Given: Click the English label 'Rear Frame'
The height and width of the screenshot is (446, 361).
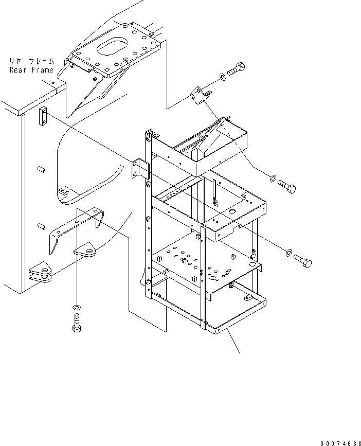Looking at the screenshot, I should coord(31,70).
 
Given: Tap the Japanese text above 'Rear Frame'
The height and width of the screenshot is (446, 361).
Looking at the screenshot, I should coord(31,61).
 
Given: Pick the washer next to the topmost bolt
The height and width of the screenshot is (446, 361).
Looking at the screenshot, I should coord(221,77).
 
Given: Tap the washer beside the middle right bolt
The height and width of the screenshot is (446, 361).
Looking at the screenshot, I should coord(272,179).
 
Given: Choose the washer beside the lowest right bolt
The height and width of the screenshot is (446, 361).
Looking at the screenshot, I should coord(288,253).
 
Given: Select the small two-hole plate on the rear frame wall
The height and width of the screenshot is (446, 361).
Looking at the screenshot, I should coord(43,116).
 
